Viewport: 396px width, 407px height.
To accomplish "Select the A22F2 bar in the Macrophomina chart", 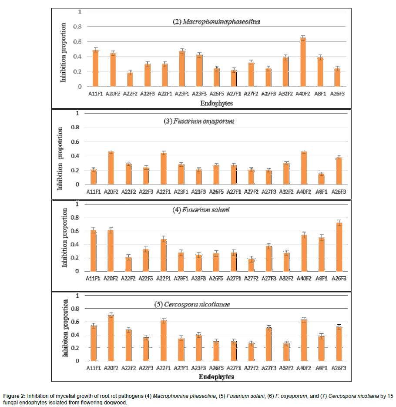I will coord(130,80).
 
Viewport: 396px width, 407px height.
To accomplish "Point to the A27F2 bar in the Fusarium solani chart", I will coord(251,265).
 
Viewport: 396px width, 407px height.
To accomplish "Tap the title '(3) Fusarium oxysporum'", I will coord(199,121).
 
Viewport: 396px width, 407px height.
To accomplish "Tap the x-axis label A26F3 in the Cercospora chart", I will coord(338,368).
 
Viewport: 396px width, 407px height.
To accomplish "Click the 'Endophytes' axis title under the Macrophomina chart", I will coord(216,104).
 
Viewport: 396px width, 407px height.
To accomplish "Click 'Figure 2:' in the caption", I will coord(14,396).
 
